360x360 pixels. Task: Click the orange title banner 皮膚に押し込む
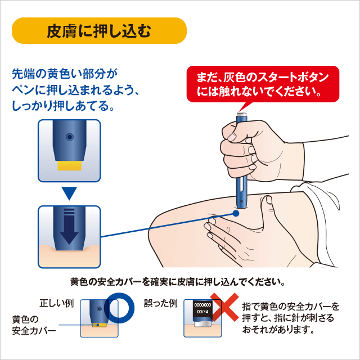pyautogui.click(x=99, y=30)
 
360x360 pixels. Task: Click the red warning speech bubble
pyautogui.click(x=263, y=83)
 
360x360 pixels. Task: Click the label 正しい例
pyautogui.click(x=56, y=303)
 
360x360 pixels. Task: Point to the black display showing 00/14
pyautogui.click(x=201, y=309)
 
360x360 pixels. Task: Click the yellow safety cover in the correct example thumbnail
pyautogui.click(x=98, y=325)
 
